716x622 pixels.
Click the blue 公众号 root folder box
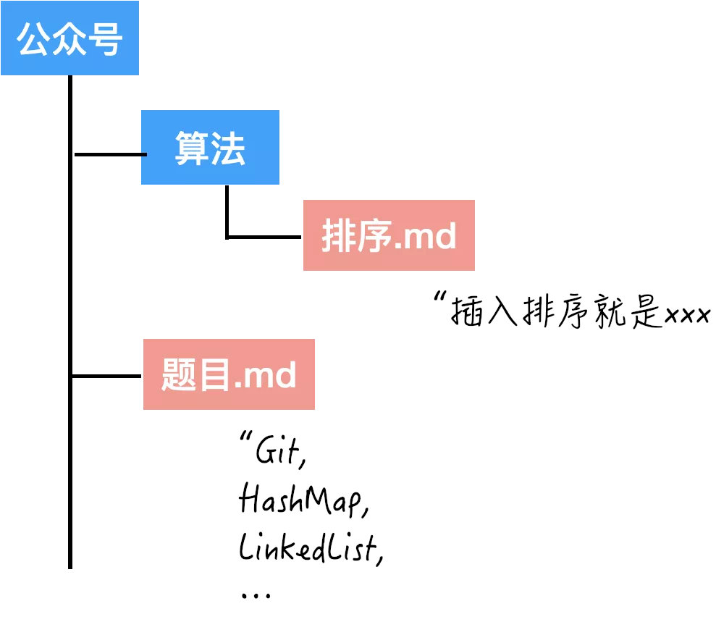pos(70,38)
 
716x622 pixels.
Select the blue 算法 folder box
pos(210,147)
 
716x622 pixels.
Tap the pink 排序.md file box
pos(389,235)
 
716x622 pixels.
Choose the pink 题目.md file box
pos(229,374)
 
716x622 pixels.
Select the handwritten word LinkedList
pos(311,547)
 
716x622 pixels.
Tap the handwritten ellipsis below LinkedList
pos(256,594)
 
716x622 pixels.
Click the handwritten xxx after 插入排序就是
pos(688,315)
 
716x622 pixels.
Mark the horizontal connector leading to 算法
pos(110,154)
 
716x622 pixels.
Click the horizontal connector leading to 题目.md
pos(106,376)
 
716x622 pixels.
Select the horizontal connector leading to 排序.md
pos(264,237)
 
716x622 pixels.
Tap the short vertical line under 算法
pos(227,211)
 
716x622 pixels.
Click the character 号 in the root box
pos(105,39)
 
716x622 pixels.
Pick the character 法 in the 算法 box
pos(228,148)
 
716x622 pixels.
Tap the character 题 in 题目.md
pos(179,374)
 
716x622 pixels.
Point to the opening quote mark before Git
pos(245,436)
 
